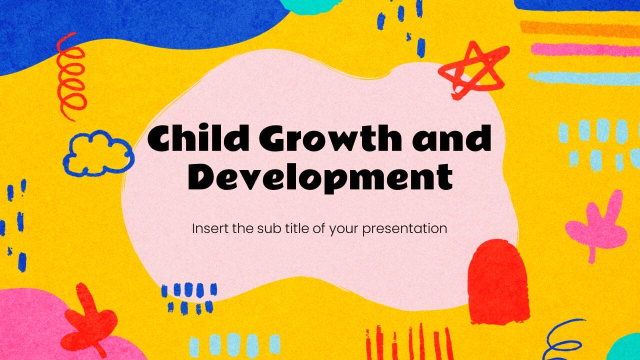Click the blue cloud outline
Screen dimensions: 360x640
[98, 153]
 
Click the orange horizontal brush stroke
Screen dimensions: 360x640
[579, 29]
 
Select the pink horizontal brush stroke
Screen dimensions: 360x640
[585, 49]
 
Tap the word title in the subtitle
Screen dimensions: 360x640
[286, 228]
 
